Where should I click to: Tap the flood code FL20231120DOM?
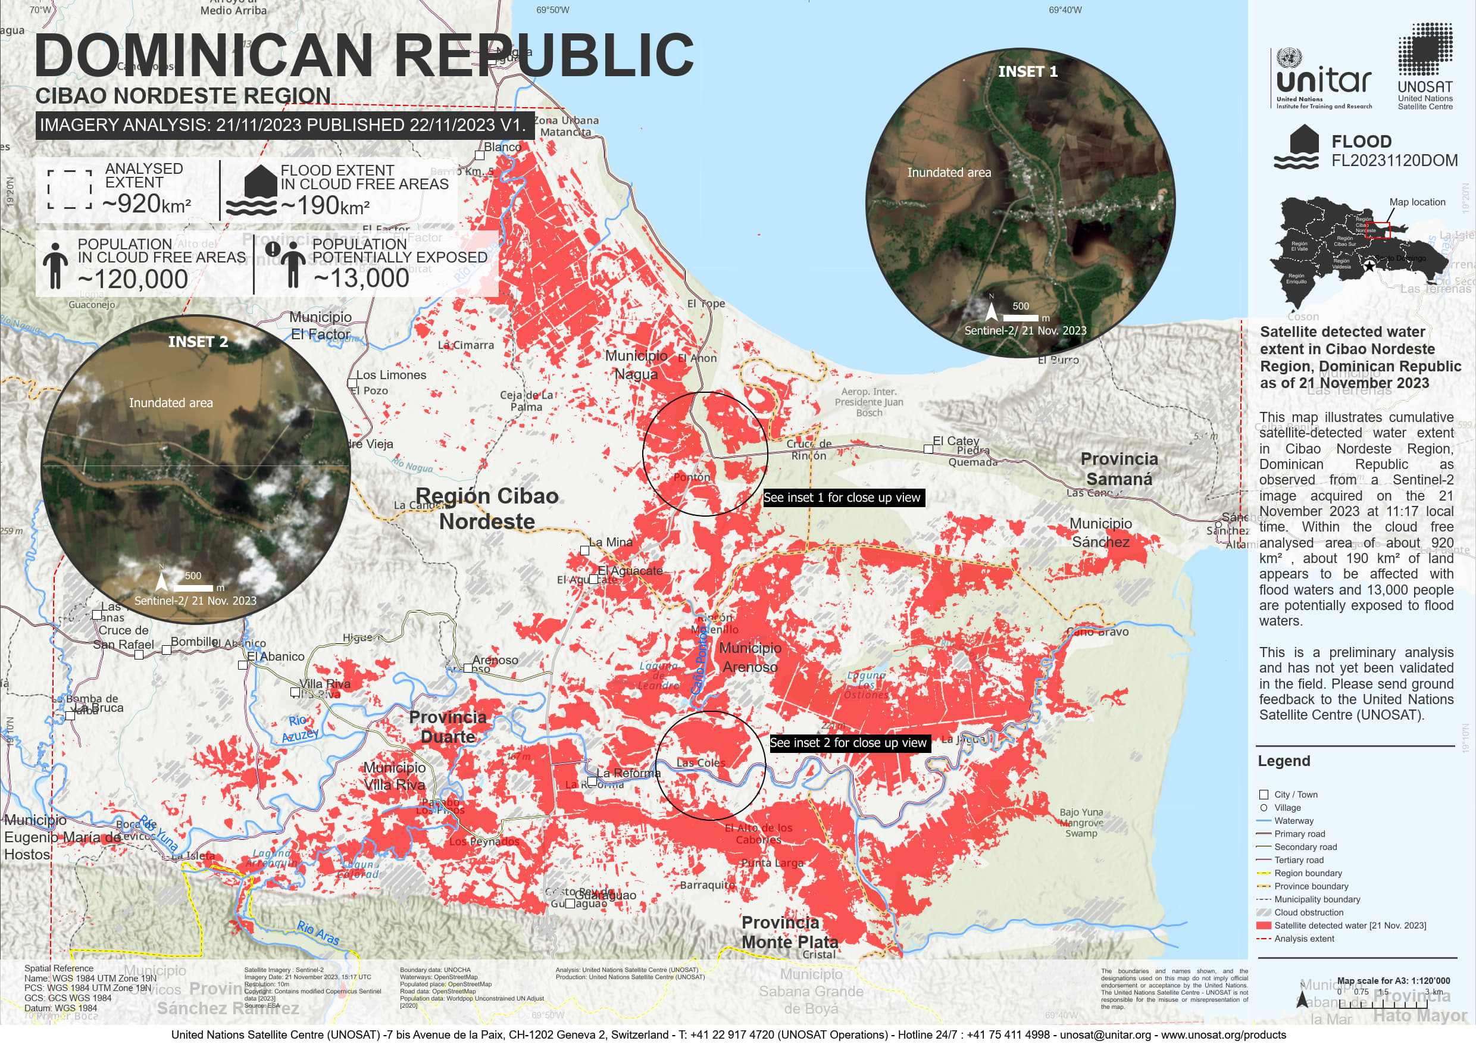pyautogui.click(x=1394, y=160)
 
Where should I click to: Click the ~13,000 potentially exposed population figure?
pyautogui.click(x=361, y=278)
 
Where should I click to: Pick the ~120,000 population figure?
pyautogui.click(x=133, y=279)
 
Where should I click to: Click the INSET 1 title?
pyautogui.click(x=1027, y=71)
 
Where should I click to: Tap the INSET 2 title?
pyautogui.click(x=198, y=342)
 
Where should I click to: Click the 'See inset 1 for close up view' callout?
pyautogui.click(x=842, y=498)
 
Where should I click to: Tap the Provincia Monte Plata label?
pyautogui.click(x=789, y=932)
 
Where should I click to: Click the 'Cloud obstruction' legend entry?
pyautogui.click(x=1308, y=912)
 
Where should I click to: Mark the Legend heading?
pyautogui.click(x=1283, y=761)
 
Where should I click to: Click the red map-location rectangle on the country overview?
pyautogui.click(x=1377, y=230)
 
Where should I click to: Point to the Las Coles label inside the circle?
pyautogui.click(x=700, y=763)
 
